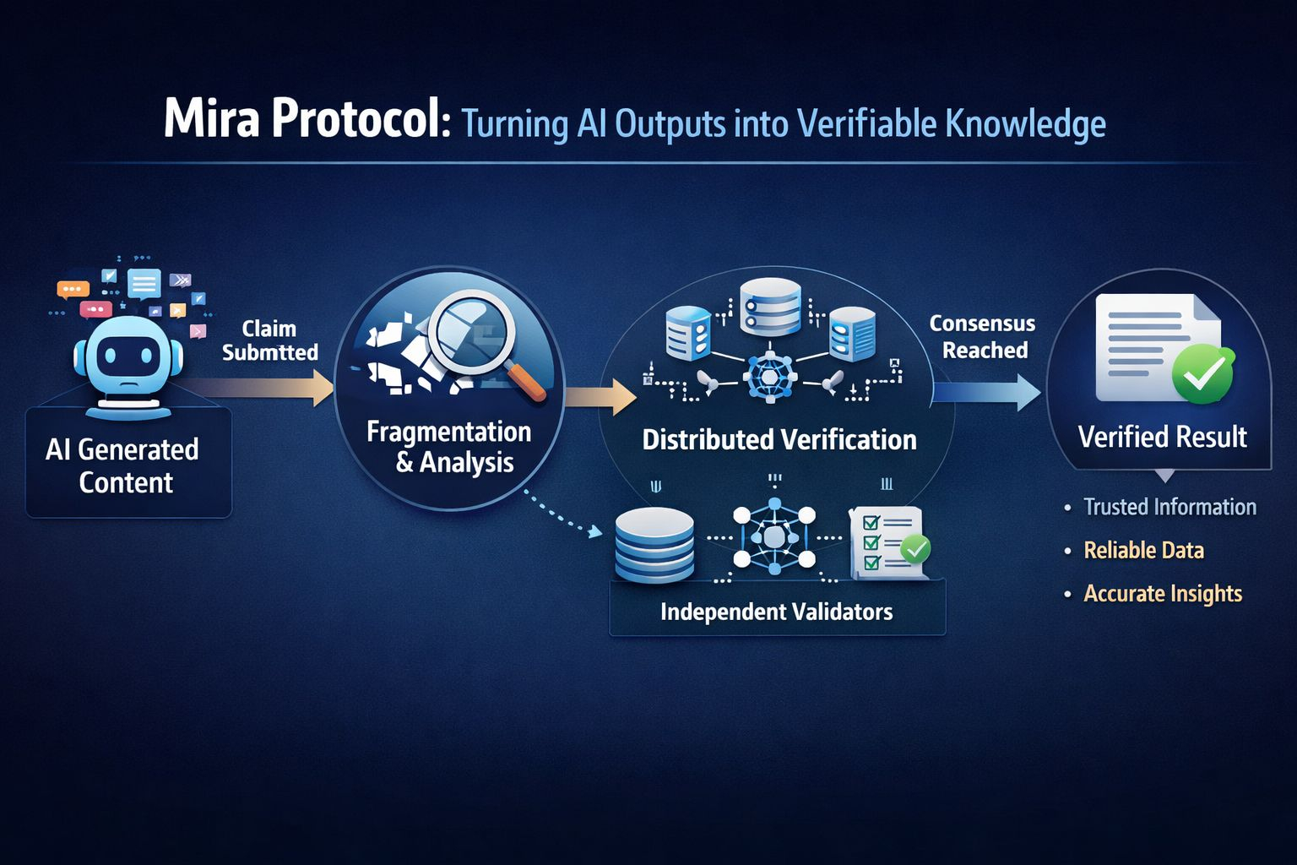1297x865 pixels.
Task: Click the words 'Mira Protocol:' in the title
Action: pos(306,120)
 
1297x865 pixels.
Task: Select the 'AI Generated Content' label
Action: pos(123,465)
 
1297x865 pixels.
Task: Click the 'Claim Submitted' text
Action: pos(269,340)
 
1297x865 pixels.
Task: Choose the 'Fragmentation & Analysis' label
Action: pos(449,447)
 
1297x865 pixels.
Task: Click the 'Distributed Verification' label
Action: pos(779,440)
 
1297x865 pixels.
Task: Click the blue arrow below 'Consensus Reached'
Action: pos(988,392)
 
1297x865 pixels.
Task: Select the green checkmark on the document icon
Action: pos(1202,373)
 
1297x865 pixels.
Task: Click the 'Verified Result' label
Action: pos(1162,437)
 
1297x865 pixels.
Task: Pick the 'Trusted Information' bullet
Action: pos(1169,507)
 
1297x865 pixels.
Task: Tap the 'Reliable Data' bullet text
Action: pos(1143,550)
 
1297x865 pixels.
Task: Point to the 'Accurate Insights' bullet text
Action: pos(1163,593)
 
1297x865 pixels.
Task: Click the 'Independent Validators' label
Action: pos(776,612)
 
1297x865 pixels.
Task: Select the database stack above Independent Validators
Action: pos(654,544)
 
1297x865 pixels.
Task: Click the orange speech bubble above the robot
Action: pos(73,288)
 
